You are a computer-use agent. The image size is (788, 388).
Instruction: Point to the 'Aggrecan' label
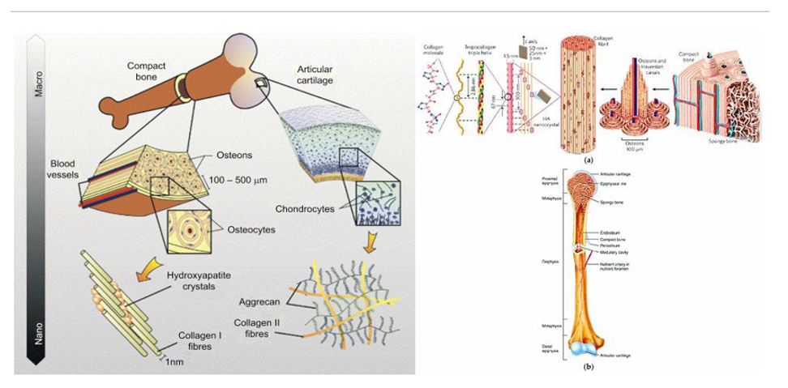point(259,302)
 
